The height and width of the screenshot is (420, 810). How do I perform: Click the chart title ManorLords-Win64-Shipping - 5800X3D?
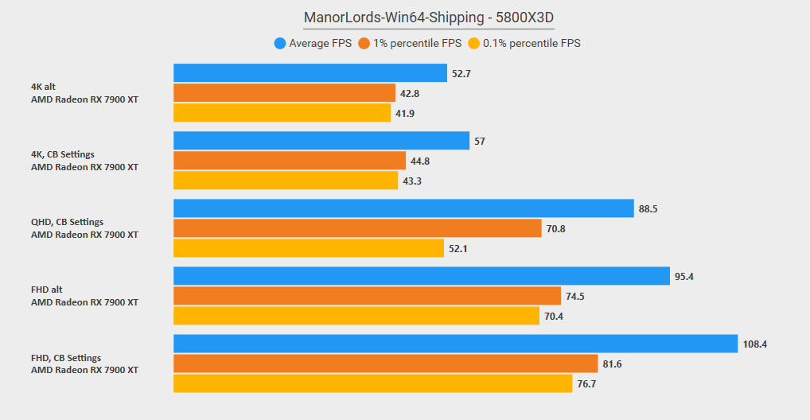[x=429, y=17]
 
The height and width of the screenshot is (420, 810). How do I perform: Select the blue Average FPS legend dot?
[x=280, y=44]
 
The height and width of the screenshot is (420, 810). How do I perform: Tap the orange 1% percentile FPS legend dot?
[x=364, y=44]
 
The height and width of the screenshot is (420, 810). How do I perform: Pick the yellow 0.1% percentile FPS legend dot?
[x=473, y=44]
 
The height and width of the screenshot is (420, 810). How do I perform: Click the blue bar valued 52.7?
[x=310, y=73]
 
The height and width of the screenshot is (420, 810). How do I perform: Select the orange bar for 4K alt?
[x=284, y=93]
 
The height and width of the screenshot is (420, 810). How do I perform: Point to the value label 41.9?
[x=405, y=114]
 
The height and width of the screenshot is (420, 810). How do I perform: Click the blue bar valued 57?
[x=321, y=141]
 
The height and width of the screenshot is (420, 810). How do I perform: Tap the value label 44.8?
[x=420, y=161]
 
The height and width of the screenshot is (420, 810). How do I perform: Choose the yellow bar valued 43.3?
[x=286, y=181]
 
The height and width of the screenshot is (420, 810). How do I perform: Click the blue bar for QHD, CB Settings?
[x=403, y=208]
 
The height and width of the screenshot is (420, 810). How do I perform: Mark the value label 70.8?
[x=556, y=229]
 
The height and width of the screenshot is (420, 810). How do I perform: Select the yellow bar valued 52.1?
[x=309, y=248]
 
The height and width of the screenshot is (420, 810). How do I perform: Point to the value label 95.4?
[x=684, y=276]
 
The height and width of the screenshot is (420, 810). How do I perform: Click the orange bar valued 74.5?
[x=367, y=296]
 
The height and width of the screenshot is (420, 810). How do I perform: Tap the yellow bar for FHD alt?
[x=356, y=316]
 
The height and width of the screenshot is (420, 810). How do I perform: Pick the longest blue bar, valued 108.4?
[x=456, y=344]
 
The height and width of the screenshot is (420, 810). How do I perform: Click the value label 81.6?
[x=612, y=364]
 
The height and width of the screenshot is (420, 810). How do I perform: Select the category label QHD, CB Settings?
[x=67, y=222]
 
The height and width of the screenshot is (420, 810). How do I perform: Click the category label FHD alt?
[x=46, y=290]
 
